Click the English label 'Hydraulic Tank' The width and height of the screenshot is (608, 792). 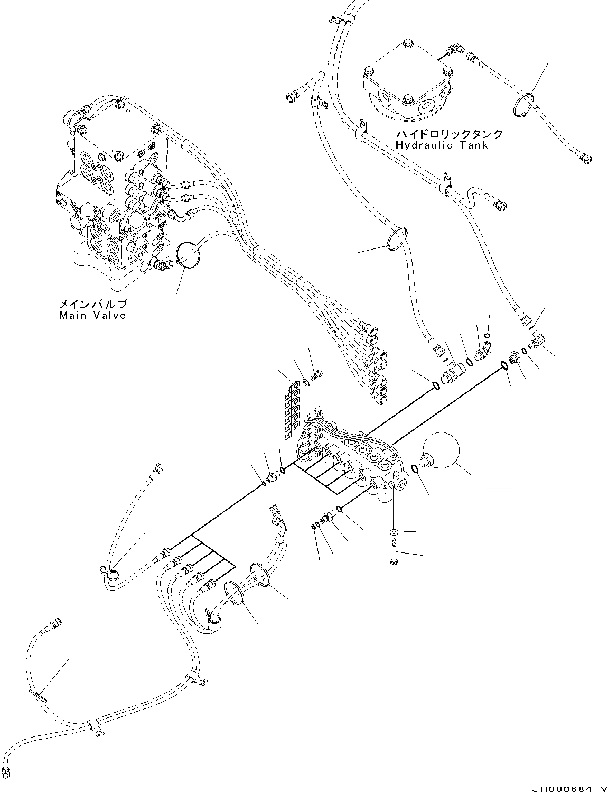pyautogui.click(x=441, y=145)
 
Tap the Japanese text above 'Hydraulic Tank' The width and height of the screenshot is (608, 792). pyautogui.click(x=448, y=134)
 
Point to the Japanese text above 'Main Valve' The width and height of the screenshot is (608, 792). pyautogui.click(x=92, y=305)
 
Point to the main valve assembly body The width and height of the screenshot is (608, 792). pyautogui.click(x=111, y=196)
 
